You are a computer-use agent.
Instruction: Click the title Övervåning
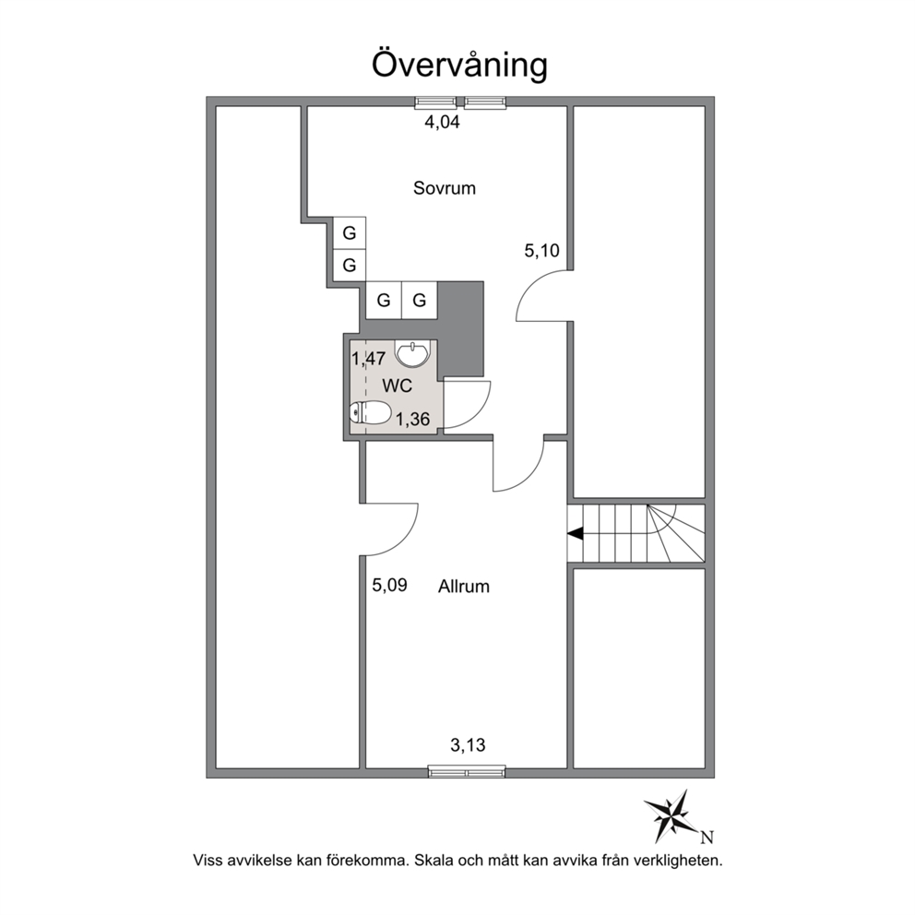pyautogui.click(x=459, y=65)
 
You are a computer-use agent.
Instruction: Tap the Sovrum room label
pyautogui.click(x=444, y=188)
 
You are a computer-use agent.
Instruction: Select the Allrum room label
pyautogui.click(x=464, y=587)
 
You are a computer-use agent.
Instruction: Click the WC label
pyautogui.click(x=397, y=386)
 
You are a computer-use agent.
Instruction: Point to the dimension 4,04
pyautogui.click(x=442, y=122)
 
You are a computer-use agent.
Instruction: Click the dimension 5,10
pyautogui.click(x=541, y=251)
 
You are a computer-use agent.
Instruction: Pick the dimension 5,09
pyautogui.click(x=390, y=585)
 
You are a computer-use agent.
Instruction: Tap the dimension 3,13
pyautogui.click(x=468, y=745)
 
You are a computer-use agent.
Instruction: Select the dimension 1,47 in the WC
pyautogui.click(x=368, y=358)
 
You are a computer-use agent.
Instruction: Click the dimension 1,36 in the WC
pyautogui.click(x=412, y=419)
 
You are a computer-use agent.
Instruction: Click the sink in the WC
pyautogui.click(x=412, y=354)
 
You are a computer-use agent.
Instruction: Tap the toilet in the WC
pyautogui.click(x=370, y=413)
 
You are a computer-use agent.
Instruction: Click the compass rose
pyautogui.click(x=671, y=815)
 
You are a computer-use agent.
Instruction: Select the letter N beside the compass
pyautogui.click(x=707, y=838)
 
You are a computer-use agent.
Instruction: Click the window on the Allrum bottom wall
pyautogui.click(x=467, y=771)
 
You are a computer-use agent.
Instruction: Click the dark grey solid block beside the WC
pyautogui.click(x=461, y=328)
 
